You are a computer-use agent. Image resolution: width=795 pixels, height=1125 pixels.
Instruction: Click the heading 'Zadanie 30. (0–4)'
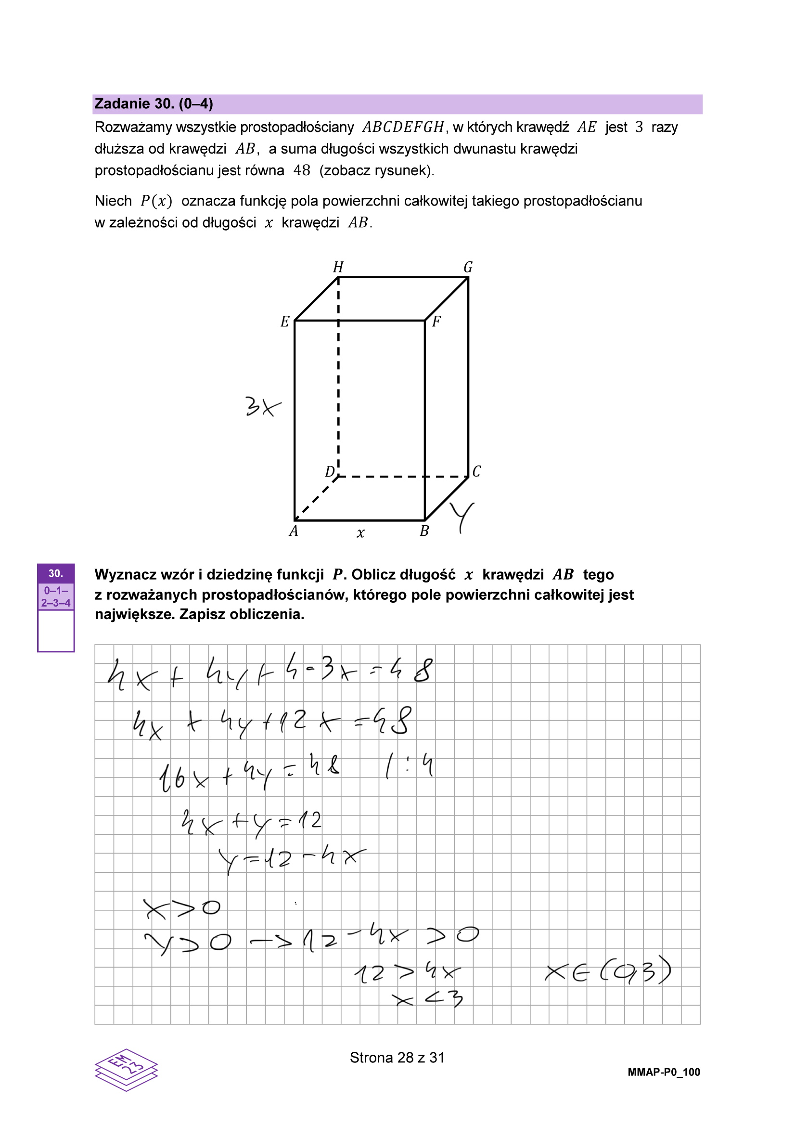click(154, 104)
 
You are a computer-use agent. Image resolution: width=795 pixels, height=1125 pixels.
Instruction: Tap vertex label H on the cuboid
click(338, 267)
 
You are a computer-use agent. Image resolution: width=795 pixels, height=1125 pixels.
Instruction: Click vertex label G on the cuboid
click(468, 267)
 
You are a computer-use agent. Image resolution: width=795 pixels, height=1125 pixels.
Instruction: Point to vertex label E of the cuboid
click(284, 322)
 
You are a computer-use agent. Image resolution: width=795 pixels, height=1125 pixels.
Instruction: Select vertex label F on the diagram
click(436, 322)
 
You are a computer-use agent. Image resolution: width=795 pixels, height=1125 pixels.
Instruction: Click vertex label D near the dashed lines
click(330, 471)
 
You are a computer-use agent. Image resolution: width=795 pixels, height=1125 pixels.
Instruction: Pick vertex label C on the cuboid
click(476, 471)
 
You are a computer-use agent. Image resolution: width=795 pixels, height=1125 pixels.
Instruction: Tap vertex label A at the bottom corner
click(294, 531)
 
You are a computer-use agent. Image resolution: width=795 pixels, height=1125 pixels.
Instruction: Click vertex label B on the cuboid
click(424, 531)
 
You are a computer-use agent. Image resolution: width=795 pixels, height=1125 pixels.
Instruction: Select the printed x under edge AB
click(360, 533)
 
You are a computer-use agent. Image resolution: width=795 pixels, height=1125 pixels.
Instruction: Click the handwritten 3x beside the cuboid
click(263, 406)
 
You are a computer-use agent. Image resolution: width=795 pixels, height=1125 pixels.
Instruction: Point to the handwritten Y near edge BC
click(462, 517)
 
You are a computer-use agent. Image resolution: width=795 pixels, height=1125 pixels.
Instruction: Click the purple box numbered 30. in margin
click(55, 573)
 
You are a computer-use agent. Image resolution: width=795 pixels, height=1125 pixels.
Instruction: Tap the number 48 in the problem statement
click(302, 170)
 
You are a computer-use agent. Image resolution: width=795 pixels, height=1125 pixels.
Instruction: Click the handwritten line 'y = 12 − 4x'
click(292, 859)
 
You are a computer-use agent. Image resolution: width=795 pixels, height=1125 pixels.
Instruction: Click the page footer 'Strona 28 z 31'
click(397, 1058)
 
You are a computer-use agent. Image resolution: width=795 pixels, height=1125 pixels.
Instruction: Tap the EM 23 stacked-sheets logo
click(127, 1070)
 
